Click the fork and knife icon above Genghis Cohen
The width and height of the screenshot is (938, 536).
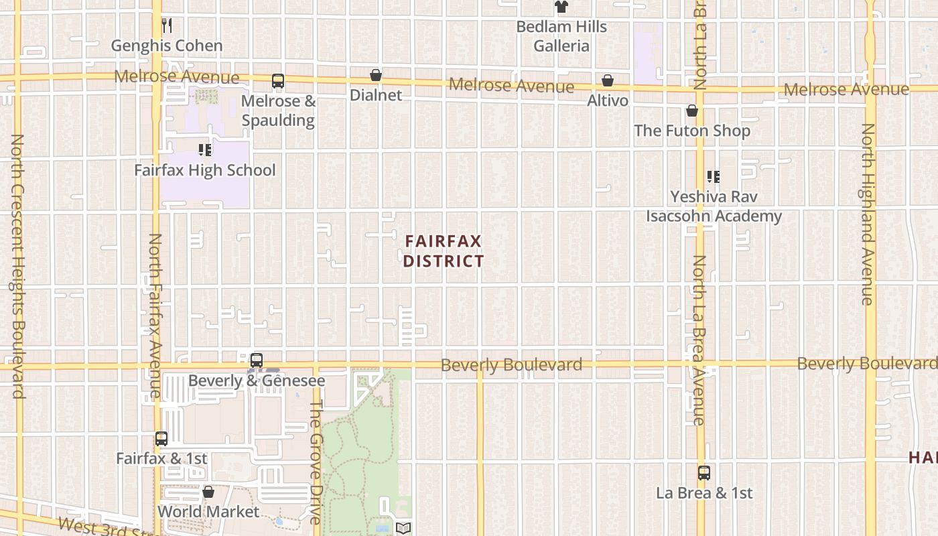coord(167,26)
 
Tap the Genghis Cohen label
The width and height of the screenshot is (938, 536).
coord(167,46)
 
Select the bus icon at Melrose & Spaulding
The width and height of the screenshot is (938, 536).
coord(278,81)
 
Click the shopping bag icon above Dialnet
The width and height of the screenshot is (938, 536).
coord(376,75)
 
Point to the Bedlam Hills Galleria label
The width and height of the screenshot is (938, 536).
coord(561,36)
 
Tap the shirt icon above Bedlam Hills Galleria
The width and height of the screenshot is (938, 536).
coord(561,7)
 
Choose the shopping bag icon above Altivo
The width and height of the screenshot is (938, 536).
coord(608,81)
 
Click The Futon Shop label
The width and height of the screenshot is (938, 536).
coord(692,131)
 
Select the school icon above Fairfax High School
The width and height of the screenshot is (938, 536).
coord(205,150)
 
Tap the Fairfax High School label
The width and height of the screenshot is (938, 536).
coord(205,170)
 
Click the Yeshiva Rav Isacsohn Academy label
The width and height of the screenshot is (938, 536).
coord(714,206)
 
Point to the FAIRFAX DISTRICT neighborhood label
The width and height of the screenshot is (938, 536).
coord(444,251)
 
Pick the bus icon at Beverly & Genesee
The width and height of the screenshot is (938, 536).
coord(256,360)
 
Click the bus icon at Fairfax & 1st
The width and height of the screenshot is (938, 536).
coord(161,439)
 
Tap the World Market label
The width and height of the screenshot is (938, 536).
coord(208,512)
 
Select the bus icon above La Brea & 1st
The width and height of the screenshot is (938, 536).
coord(704,473)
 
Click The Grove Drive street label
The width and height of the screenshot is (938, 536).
coord(316,462)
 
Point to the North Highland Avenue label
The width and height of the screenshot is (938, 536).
coord(868,214)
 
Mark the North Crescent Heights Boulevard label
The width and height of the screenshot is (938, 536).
coord(17,267)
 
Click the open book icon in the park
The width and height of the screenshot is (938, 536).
coord(403,528)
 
